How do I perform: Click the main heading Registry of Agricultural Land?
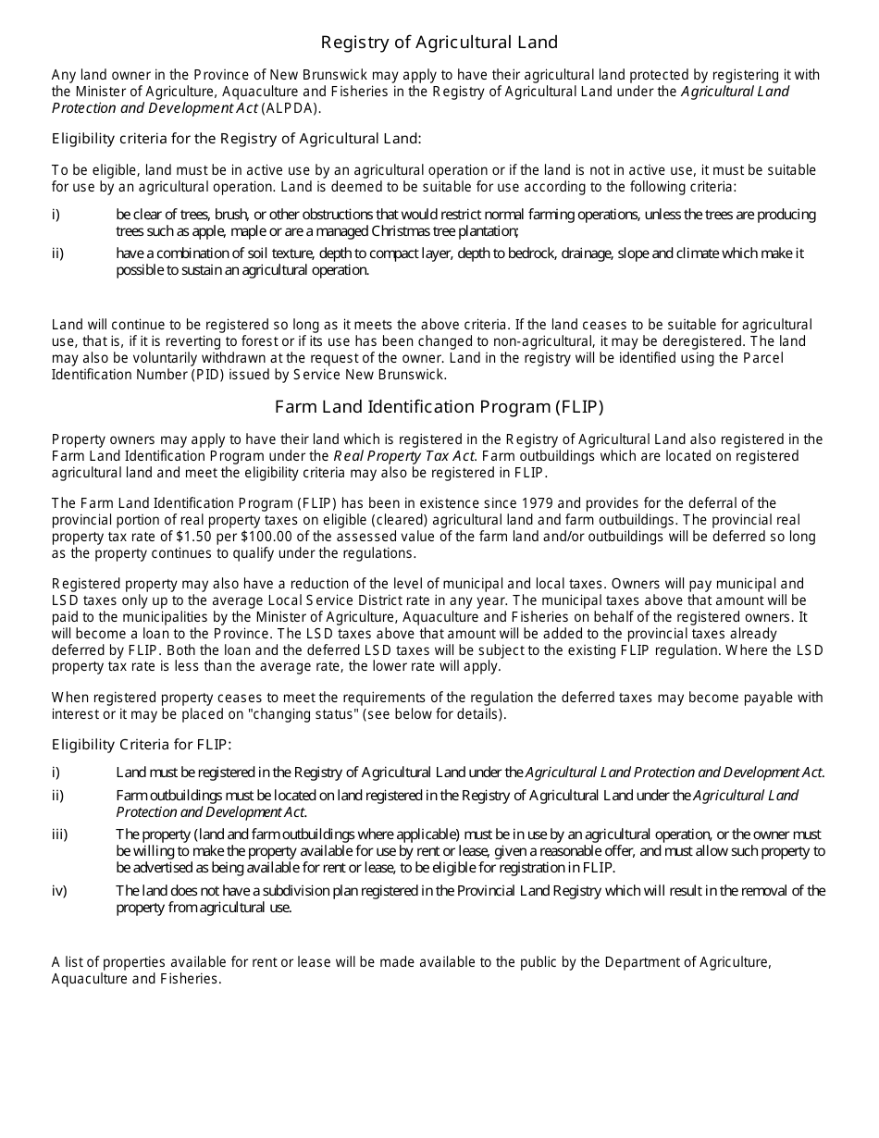pyautogui.click(x=439, y=43)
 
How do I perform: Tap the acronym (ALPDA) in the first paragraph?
pyautogui.click(x=291, y=108)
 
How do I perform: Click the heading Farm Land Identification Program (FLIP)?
pyautogui.click(x=439, y=406)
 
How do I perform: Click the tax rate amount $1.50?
pyautogui.click(x=193, y=537)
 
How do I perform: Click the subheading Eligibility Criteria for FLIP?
pyautogui.click(x=142, y=744)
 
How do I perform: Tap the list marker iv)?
pyautogui.click(x=59, y=891)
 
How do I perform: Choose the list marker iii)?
pyautogui.click(x=59, y=835)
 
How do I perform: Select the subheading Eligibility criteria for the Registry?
pyautogui.click(x=236, y=139)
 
